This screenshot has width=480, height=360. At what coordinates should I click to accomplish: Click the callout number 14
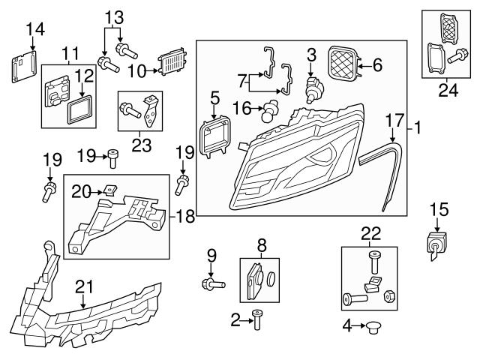35,29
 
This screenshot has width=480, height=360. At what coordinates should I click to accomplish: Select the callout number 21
83,286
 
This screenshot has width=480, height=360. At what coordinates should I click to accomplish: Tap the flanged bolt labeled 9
210,284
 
